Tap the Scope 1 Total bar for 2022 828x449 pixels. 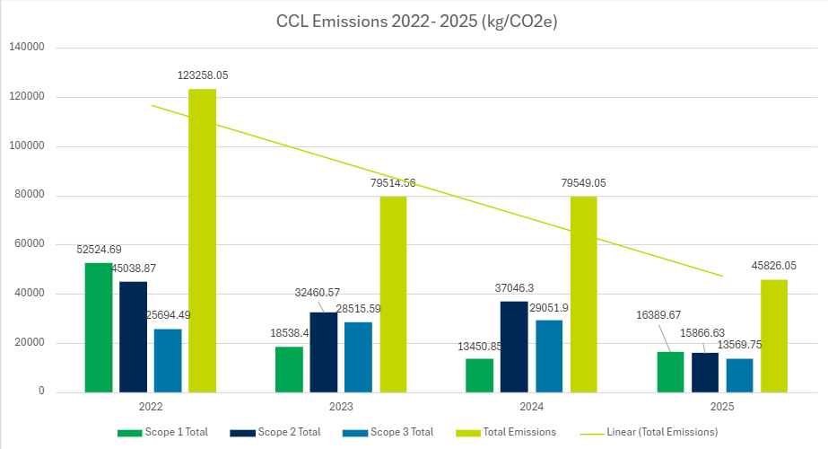coord(99,328)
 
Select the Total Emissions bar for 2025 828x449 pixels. coord(774,336)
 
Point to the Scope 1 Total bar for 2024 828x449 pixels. coord(480,375)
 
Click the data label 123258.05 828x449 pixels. coord(203,75)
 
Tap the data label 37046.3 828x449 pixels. coord(515,288)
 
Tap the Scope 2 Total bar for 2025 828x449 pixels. coord(705,373)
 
